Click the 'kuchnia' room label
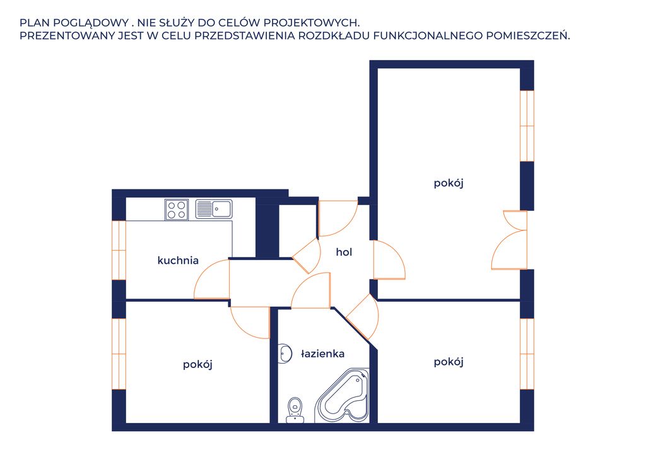click(178, 261)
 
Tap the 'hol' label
click(344, 252)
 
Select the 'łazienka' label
click(322, 353)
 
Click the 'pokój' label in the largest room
click(449, 183)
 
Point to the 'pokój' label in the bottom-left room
click(197, 365)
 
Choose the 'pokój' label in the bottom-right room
click(449, 362)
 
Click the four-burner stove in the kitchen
click(177, 210)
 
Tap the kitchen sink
click(213, 209)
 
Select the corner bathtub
click(341, 396)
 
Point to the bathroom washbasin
click(283, 353)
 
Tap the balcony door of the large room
click(510, 240)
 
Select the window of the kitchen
click(119, 250)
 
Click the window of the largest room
click(527, 126)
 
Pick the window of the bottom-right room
click(527, 354)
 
